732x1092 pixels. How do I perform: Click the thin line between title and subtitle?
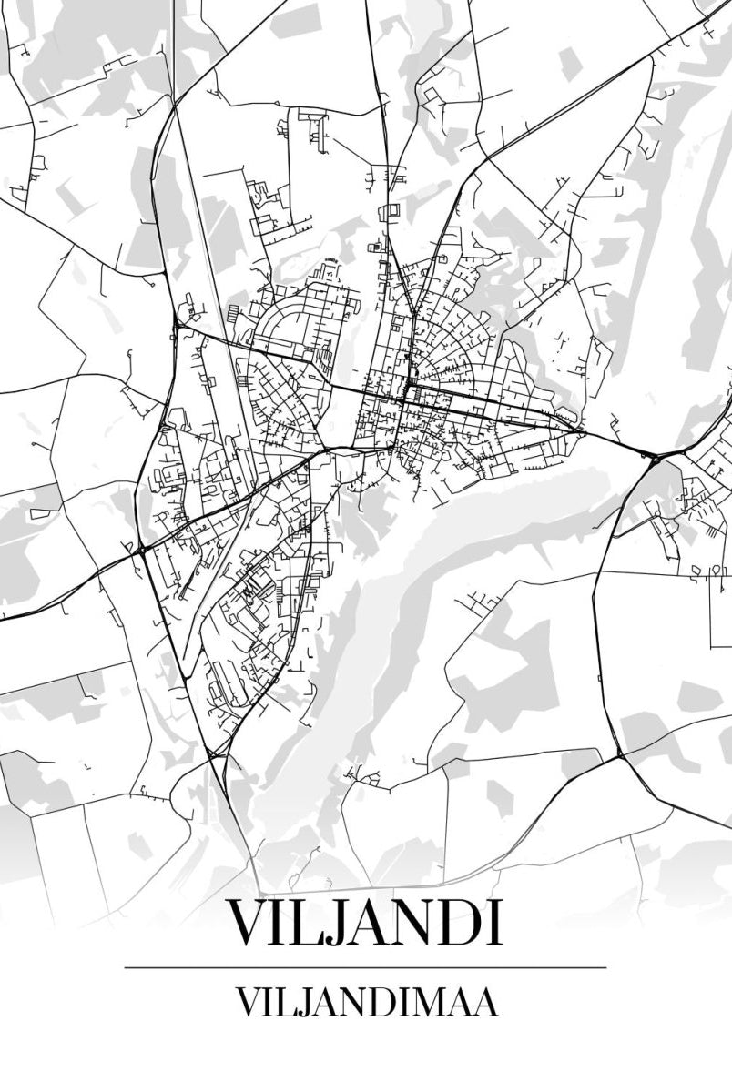click(365, 967)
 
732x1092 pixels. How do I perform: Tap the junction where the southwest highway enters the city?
click(141, 550)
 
